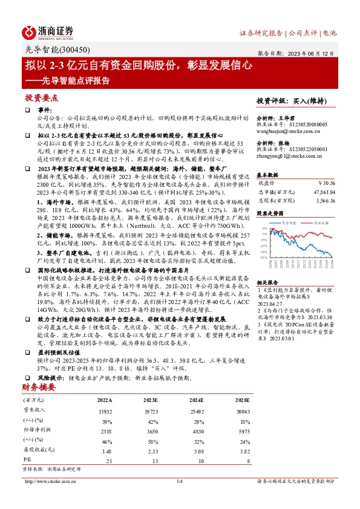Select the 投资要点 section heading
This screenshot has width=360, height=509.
click(x=41, y=97)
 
